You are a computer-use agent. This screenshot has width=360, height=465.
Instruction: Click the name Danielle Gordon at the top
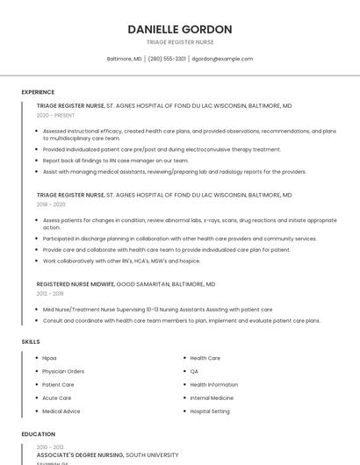(180, 29)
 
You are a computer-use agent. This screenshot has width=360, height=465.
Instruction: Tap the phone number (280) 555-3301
(167, 59)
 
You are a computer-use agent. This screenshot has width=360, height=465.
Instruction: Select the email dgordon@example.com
(222, 59)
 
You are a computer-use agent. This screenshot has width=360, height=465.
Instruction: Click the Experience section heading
(38, 92)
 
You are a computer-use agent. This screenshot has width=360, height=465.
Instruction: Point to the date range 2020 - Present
(55, 115)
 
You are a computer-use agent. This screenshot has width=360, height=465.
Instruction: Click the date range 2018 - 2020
(51, 204)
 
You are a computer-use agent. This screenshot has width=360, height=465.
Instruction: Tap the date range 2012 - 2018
(50, 294)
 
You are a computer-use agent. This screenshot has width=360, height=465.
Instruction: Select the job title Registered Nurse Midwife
(76, 284)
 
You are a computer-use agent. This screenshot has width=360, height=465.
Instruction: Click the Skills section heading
(31, 341)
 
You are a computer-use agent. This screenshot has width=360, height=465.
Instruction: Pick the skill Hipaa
(50, 358)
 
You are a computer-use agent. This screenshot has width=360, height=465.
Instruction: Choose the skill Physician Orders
(63, 371)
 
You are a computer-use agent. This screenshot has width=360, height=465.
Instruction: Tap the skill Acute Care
(57, 397)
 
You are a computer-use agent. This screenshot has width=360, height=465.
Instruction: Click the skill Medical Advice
(61, 411)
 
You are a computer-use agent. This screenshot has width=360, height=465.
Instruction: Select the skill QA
(194, 371)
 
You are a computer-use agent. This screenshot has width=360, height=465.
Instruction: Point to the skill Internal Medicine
(212, 397)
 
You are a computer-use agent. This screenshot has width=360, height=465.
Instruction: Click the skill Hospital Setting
(210, 411)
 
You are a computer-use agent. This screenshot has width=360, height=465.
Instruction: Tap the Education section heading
(38, 433)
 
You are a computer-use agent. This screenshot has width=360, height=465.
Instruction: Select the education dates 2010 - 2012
(49, 447)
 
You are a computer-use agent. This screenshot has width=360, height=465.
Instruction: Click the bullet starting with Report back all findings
(115, 161)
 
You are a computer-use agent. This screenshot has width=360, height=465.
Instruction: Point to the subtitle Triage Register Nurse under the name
(180, 42)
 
